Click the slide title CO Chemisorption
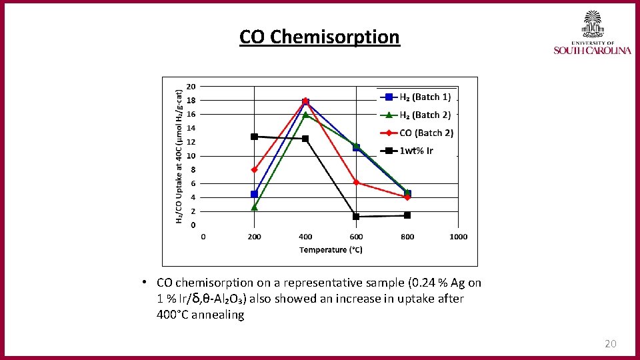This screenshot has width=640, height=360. point(319,37)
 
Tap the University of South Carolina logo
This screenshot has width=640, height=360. point(592,33)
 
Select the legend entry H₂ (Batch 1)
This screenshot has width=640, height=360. point(425,97)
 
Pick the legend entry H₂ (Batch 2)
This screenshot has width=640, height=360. point(425,115)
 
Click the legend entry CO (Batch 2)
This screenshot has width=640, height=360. point(426,133)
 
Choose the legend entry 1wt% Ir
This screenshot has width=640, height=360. point(416,151)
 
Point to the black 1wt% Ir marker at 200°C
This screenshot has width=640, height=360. point(254,137)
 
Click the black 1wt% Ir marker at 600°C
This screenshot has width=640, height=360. point(356,217)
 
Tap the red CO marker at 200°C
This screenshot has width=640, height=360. point(254,169)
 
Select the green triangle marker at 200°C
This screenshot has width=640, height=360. point(254,207)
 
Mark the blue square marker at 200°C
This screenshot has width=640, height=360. point(254,194)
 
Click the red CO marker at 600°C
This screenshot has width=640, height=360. point(356,182)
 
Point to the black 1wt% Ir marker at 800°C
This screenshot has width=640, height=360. point(407,215)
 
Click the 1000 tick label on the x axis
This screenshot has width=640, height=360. point(458,237)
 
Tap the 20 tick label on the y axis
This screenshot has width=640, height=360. point(191,86)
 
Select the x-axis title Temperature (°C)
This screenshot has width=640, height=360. point(331,250)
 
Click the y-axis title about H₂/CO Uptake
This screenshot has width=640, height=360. point(179,157)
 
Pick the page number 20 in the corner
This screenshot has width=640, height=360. point(610,344)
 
